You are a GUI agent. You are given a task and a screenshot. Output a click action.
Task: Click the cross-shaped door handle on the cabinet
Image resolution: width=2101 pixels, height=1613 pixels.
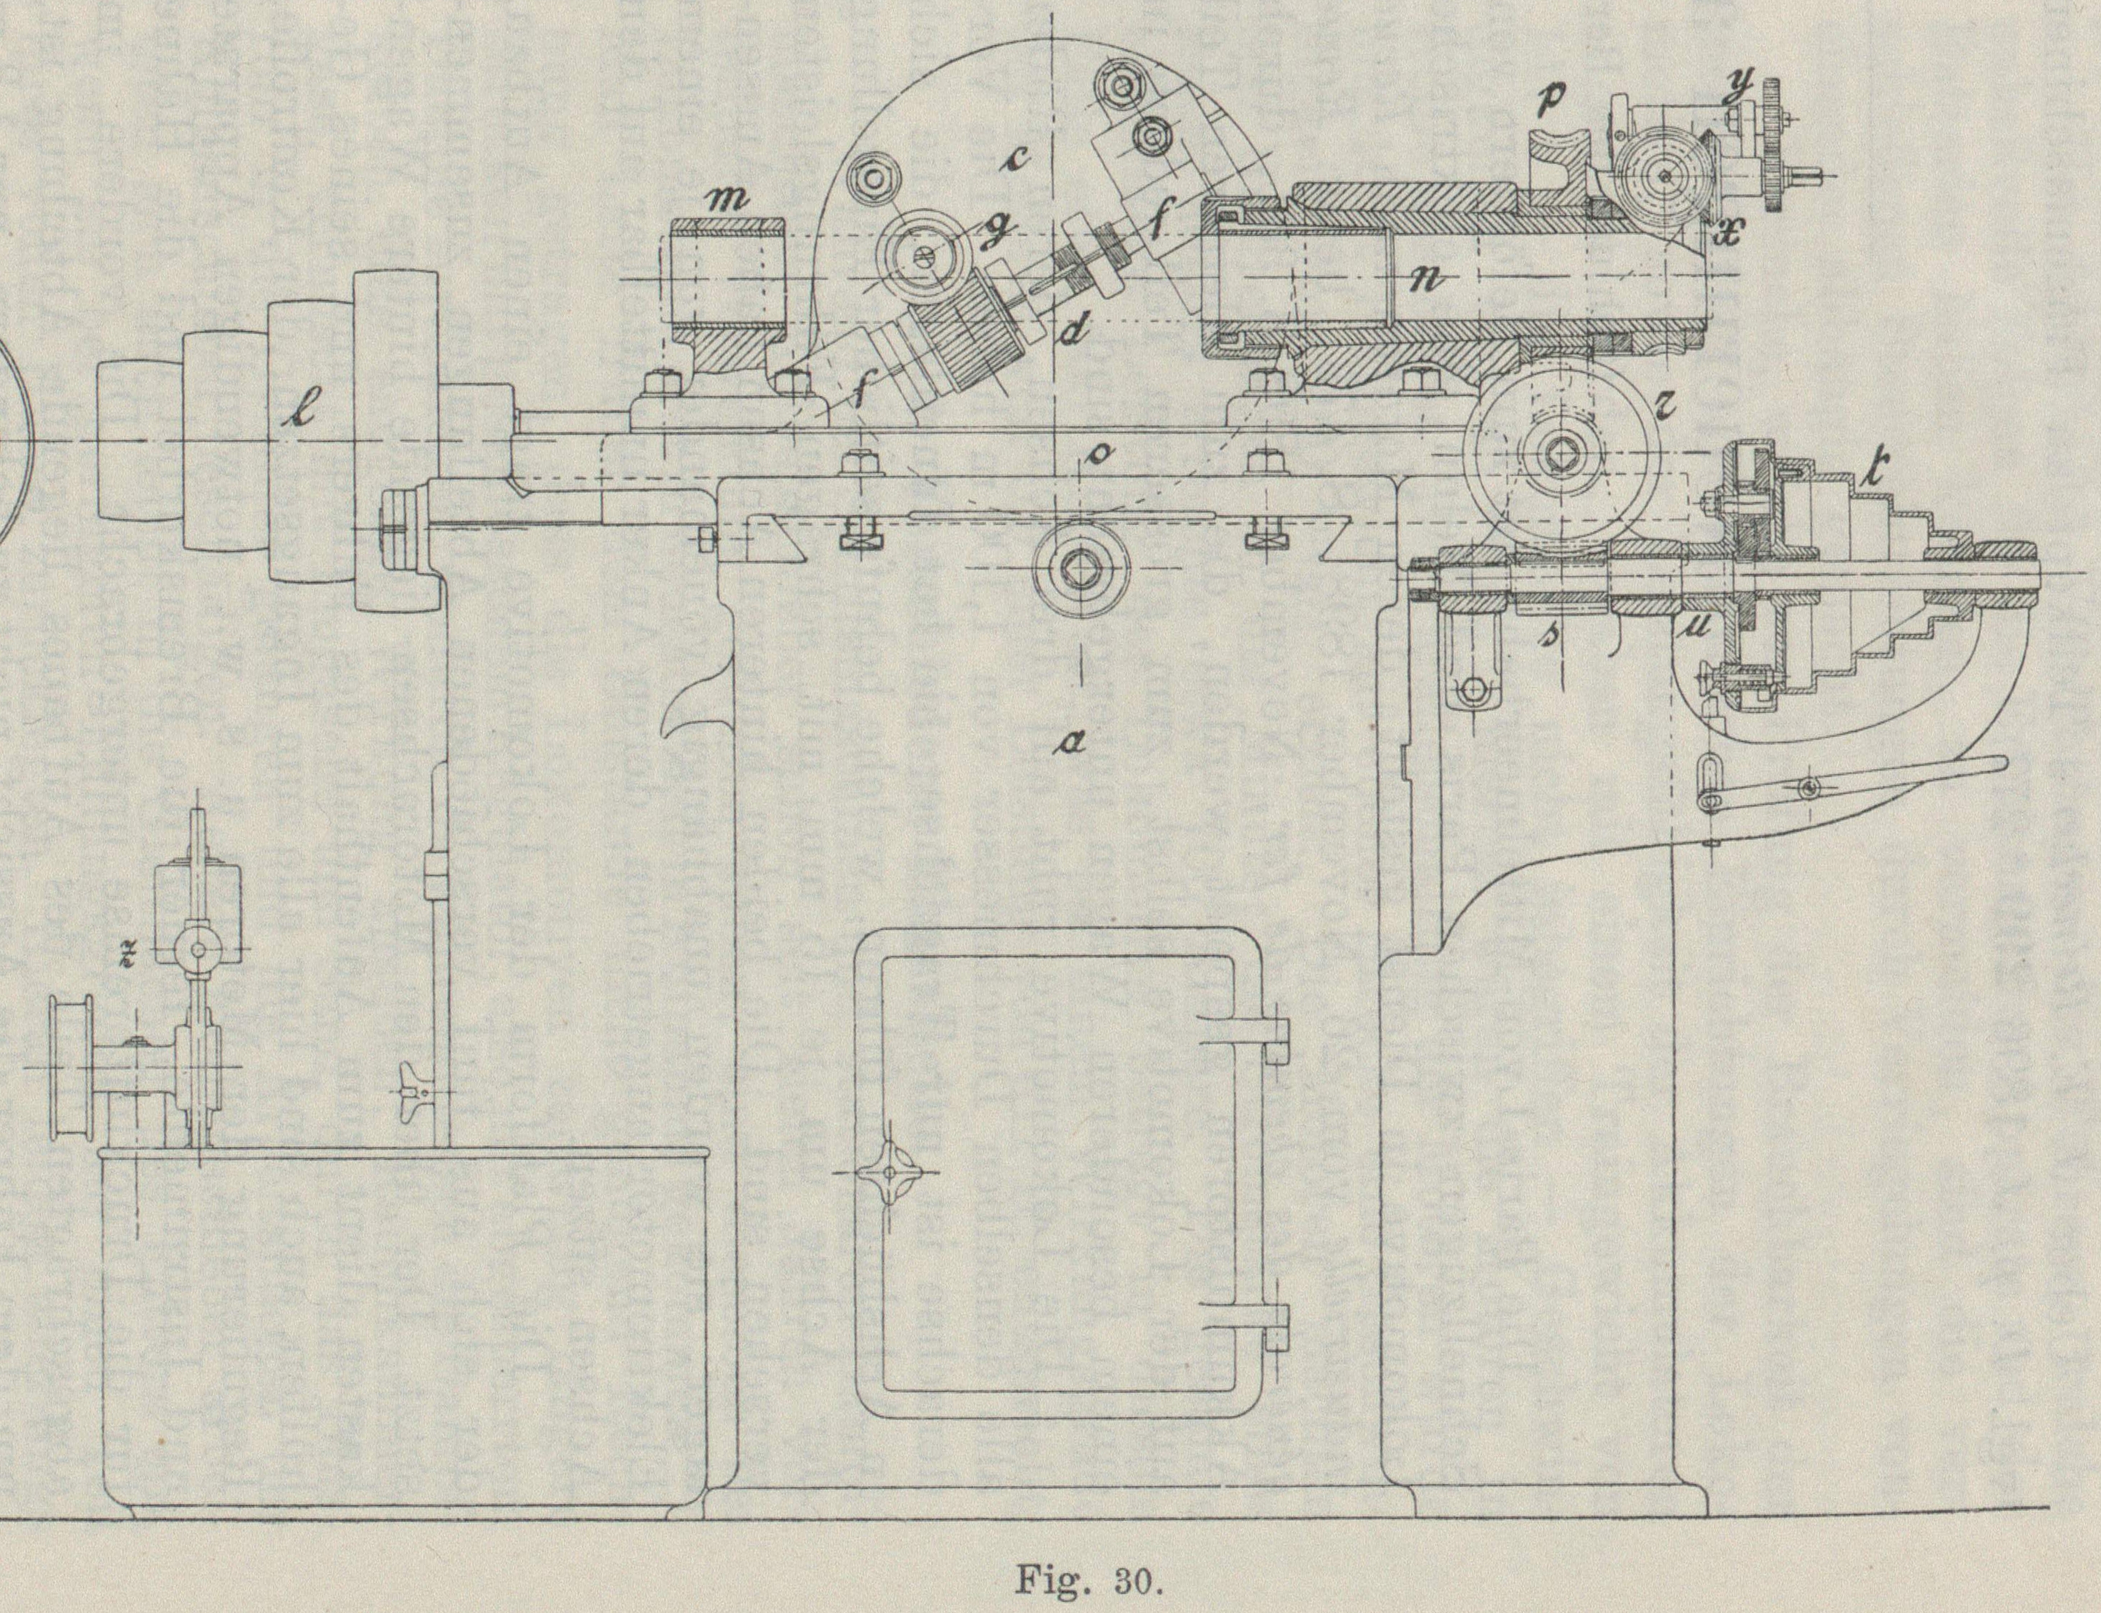[889, 1171]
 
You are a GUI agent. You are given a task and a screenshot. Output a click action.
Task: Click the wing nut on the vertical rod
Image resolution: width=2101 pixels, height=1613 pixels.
[417, 1094]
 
